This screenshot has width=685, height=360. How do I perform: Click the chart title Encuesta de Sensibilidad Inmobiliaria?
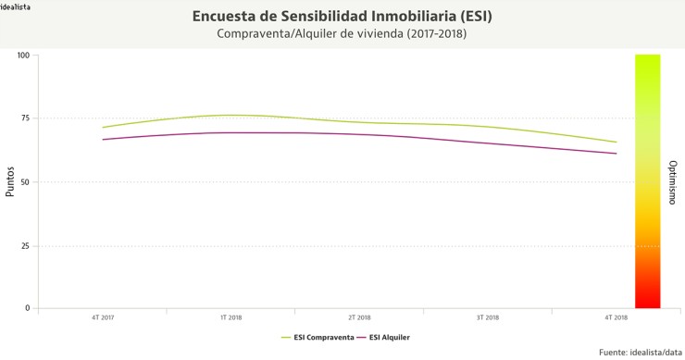pyautogui.click(x=342, y=17)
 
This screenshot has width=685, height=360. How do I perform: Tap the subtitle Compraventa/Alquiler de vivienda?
pyautogui.click(x=342, y=34)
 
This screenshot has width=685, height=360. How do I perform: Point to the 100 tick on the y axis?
pyautogui.click(x=23, y=56)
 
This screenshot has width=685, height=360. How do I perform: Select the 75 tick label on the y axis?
pyautogui.click(x=25, y=118)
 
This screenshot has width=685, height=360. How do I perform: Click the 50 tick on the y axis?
pyautogui.click(x=25, y=182)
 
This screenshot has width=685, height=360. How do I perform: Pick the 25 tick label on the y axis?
pyautogui.click(x=25, y=246)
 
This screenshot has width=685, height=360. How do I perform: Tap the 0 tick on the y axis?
pyautogui.click(x=28, y=309)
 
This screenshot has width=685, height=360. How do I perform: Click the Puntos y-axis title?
pyautogui.click(x=10, y=181)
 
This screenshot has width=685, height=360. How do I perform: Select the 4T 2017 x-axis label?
pyautogui.click(x=103, y=317)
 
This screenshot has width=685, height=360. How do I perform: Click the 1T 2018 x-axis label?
pyautogui.click(x=230, y=317)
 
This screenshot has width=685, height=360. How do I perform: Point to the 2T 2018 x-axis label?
pyautogui.click(x=359, y=317)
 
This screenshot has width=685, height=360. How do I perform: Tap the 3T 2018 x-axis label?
pyautogui.click(x=488, y=317)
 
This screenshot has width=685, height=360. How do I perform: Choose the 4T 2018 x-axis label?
pyautogui.click(x=616, y=317)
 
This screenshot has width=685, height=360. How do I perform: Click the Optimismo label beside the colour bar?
pyautogui.click(x=672, y=181)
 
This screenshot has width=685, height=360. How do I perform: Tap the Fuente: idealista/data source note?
pyautogui.click(x=640, y=352)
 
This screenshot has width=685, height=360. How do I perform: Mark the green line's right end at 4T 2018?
pyautogui.click(x=616, y=143)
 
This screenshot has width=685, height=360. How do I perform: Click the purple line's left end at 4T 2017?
pyautogui.click(x=103, y=140)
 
